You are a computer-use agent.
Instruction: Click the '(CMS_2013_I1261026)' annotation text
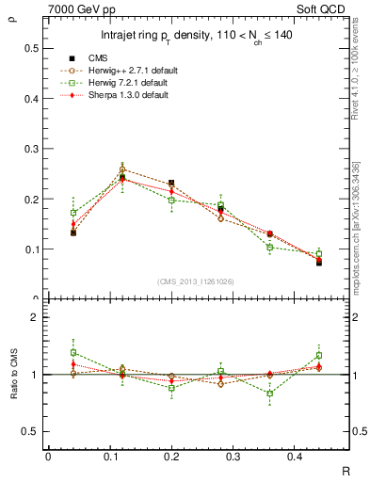(x=196, y=281)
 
